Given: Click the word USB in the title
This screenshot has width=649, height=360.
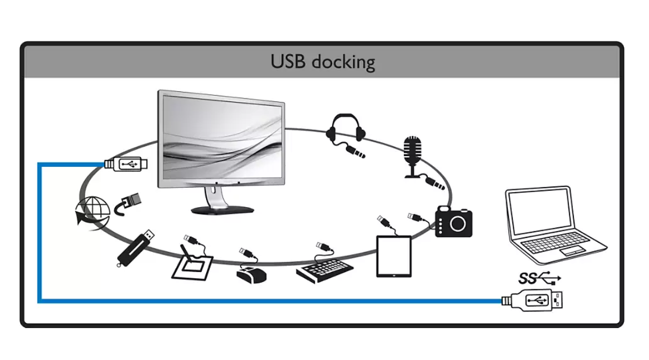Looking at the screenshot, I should coord(288,60).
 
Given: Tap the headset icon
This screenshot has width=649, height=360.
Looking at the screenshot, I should coord(345,130).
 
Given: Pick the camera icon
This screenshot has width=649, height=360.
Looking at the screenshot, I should coord(454,221).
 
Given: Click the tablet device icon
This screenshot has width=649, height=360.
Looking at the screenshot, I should coord(394,256).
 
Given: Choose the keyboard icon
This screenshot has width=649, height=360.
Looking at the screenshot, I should coord(325,269).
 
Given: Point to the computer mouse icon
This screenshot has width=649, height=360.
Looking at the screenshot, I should coord(251,274).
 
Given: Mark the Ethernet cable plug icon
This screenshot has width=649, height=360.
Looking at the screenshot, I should coord(130,202).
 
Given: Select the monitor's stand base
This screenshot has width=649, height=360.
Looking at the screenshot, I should coord(222,209).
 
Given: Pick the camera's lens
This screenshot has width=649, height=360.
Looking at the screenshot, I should coord(459,223).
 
